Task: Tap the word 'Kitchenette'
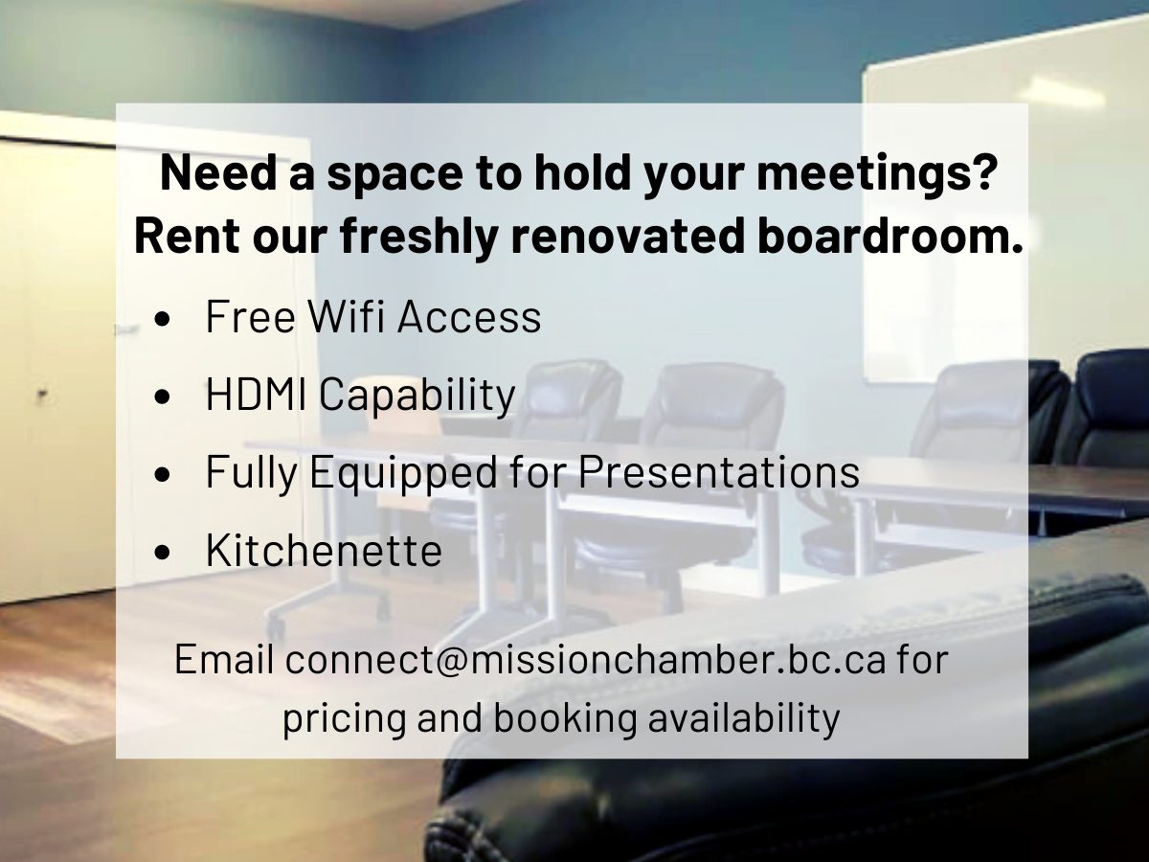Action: [x=324, y=551]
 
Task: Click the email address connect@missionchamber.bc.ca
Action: [x=586, y=660]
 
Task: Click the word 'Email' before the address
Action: [x=225, y=660]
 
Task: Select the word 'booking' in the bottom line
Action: [x=564, y=718]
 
